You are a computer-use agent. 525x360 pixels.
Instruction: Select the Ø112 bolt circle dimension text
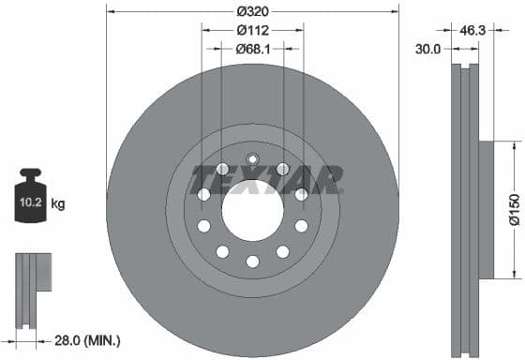click(252, 29)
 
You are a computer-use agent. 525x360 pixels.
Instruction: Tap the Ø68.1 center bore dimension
click(252, 48)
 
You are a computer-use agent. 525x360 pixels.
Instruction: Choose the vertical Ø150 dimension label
click(515, 209)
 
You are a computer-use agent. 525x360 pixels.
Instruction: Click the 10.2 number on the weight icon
click(30, 202)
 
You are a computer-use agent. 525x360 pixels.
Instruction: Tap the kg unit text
click(58, 202)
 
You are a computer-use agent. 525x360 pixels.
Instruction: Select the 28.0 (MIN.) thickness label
click(87, 339)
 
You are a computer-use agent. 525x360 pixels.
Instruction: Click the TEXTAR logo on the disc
click(266, 178)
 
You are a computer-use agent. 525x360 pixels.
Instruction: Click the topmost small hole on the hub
click(251, 158)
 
